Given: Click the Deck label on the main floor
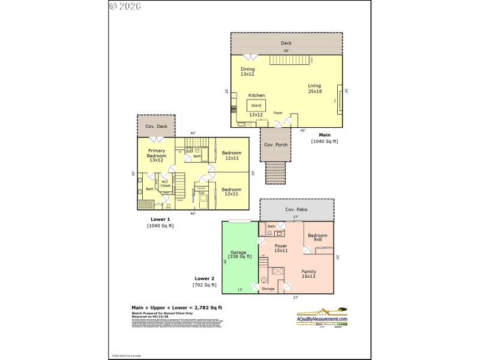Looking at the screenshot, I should (286, 43).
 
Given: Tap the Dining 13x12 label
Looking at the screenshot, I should (248, 71).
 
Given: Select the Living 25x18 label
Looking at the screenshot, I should (315, 88).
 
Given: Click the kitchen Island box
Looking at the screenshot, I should (256, 106).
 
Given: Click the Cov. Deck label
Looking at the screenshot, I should (156, 127).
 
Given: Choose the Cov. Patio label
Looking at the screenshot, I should (296, 209).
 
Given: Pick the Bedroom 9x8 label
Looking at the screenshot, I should (317, 238).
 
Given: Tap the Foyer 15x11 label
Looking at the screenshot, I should (281, 248).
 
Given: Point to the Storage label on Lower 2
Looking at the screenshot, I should (268, 289).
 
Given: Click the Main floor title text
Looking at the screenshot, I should (325, 135).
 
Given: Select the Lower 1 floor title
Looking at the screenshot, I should (160, 219).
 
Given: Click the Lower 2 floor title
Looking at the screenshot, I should (204, 278).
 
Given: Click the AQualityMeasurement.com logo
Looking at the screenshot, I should (323, 316).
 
